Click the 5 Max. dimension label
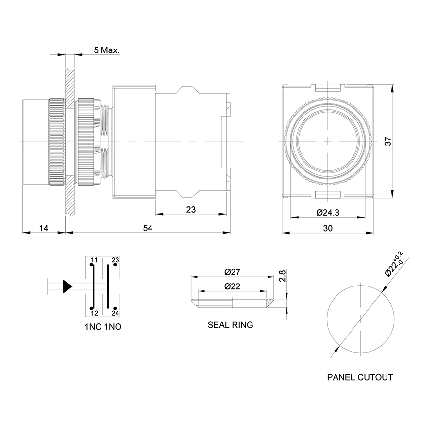(107, 50)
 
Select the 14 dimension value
(44, 228)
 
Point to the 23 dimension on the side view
(191, 209)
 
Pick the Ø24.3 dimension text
(327, 212)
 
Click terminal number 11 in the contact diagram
(94, 260)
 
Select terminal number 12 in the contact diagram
(94, 313)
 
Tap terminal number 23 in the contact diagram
(115, 260)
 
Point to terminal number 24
(115, 313)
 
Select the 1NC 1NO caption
(103, 327)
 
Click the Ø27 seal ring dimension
(233, 272)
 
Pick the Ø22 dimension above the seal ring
(233, 286)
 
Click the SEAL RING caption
(230, 325)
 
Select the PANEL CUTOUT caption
(360, 377)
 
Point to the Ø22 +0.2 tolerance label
(393, 264)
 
